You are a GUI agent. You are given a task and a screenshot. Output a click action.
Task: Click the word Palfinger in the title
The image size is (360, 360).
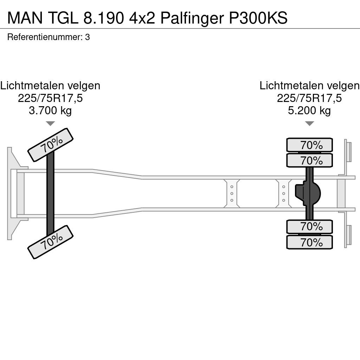(x=192, y=18)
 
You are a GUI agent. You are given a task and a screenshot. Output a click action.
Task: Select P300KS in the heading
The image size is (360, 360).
(x=258, y=18)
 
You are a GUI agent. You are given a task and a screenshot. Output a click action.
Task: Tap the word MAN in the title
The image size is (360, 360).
(x=25, y=18)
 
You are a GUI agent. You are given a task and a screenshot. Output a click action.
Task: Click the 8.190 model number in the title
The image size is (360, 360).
(x=103, y=18)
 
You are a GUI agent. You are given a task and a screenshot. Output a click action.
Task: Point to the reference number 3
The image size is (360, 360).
(x=88, y=37)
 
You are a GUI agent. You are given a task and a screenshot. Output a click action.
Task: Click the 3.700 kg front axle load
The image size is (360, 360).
(x=50, y=110)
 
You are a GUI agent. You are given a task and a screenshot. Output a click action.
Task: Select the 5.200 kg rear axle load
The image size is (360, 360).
(x=309, y=110)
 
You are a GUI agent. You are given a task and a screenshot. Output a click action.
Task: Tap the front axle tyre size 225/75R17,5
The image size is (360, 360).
(x=50, y=98)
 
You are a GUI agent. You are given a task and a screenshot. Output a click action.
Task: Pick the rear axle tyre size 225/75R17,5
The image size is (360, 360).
(x=309, y=98)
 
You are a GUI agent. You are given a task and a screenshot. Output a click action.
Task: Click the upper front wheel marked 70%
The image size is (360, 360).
(x=51, y=145)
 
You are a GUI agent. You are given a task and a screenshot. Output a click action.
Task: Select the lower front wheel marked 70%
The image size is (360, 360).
(x=51, y=242)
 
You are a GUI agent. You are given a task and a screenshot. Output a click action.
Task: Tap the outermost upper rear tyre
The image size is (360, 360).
(x=309, y=145)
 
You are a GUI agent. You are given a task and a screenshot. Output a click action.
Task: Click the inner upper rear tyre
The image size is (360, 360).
(x=309, y=160)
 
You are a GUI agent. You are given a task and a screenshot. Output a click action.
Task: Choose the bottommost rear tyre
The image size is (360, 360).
(x=309, y=242)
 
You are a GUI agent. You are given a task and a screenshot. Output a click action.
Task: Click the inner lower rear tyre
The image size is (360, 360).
(x=309, y=227)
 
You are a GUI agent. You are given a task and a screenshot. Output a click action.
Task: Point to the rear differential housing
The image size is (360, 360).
(x=308, y=193)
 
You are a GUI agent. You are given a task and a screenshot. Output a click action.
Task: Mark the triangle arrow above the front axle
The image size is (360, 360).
(x=50, y=123)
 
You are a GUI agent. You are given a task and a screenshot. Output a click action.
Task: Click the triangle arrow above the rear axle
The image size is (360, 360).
(x=309, y=123)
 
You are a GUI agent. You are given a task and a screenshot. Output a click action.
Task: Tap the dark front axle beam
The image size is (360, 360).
(x=50, y=193)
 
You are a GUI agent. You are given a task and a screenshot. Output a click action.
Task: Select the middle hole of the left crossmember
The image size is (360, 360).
(x=232, y=194)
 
